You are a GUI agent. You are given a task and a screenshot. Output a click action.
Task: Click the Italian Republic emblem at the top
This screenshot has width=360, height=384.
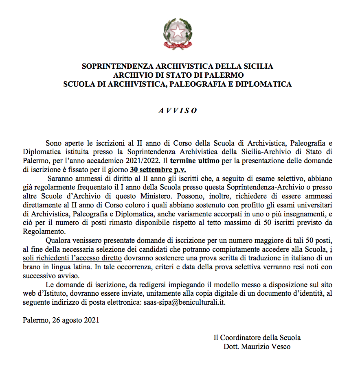tap(178, 34)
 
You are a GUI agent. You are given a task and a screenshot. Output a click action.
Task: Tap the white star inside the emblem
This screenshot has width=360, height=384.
tap(178, 31)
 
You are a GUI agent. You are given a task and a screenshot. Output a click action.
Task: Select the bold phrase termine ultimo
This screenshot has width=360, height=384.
tap(195, 161)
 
